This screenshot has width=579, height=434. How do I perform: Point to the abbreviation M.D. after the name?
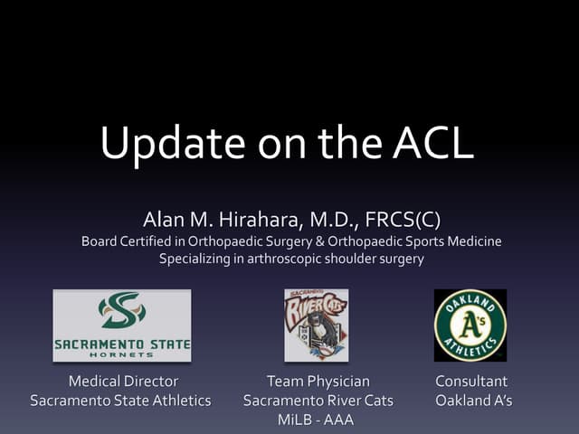coord(336,220)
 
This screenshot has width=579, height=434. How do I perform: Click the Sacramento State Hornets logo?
coord(122,325)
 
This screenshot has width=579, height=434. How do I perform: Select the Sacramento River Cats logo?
coord(316,325)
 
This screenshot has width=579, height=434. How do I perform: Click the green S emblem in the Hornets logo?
coord(122,310)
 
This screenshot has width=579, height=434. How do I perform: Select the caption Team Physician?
coord(318,382)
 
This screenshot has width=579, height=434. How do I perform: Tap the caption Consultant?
coord(471,382)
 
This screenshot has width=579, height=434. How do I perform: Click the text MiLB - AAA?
coord(318,420)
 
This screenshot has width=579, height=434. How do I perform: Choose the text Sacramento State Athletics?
coord(120,401)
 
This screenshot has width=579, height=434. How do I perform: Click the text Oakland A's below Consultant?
coord(473,401)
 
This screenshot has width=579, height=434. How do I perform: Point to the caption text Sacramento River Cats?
coord(318,401)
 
